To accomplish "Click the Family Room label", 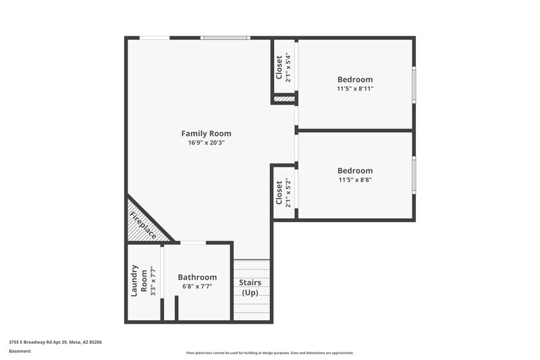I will tap(206, 133).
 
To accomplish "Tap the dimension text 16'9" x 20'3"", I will tap(206, 143).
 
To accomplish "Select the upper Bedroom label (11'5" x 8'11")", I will tap(355, 79).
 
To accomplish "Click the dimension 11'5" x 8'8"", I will tap(355, 180).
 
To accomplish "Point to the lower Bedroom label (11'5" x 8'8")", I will tap(355, 170).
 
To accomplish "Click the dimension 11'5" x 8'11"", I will tap(355, 88).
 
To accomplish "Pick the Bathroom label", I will tap(197, 277).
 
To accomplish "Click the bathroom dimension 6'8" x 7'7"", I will tap(197, 286).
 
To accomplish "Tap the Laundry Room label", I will tap(138, 280).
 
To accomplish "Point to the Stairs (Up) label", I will tap(251, 287).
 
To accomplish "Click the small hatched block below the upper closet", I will tap(284, 99).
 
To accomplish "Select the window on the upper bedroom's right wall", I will tap(414, 84).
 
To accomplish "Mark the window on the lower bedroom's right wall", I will tap(414, 175).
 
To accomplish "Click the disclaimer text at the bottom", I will tap(270, 353).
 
